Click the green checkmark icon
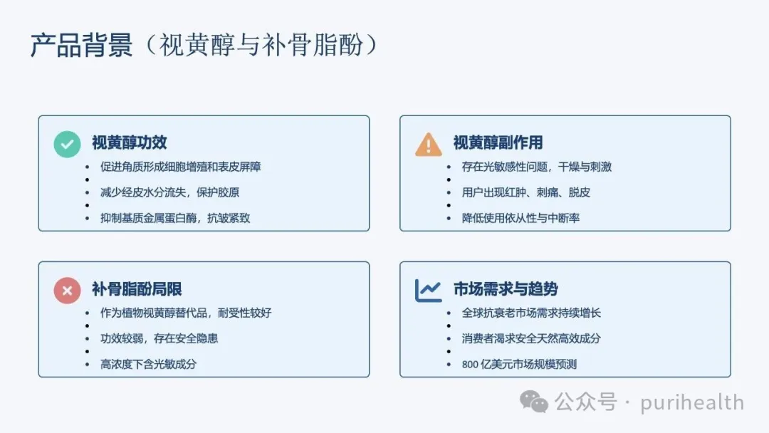tap(67, 144)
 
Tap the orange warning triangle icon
tap(428, 145)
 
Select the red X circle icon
tap(67, 291)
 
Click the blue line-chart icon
tap(428, 291)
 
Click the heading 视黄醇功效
tap(130, 142)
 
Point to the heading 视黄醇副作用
tap(498, 142)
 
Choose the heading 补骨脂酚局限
tap(137, 289)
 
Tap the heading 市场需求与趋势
tap(506, 289)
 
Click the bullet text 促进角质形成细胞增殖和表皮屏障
tap(180, 167)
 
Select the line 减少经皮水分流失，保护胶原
tap(169, 192)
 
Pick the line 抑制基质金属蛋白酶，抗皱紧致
tap(175, 218)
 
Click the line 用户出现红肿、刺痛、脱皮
tap(525, 192)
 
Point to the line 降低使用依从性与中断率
tap(520, 218)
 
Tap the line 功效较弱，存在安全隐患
tap(159, 338)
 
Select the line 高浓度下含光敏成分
tap(148, 364)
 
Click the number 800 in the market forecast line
tap(470, 365)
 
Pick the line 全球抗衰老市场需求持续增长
tap(531, 313)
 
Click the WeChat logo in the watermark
tap(533, 402)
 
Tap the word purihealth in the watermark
tap(692, 402)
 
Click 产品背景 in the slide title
tap(81, 45)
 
